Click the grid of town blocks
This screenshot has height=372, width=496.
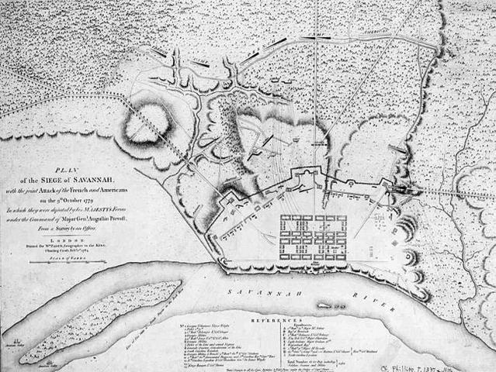(314, 237)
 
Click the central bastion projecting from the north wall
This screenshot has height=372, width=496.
(297, 175)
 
